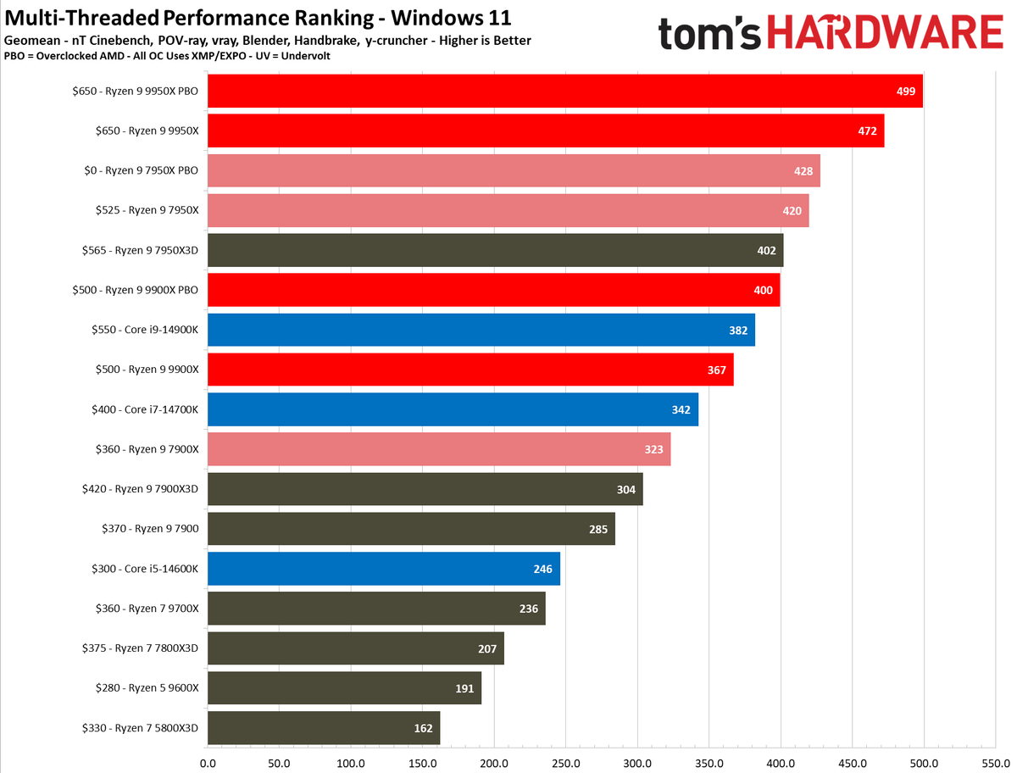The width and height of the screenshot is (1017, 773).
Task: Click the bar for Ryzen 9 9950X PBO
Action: coord(564,91)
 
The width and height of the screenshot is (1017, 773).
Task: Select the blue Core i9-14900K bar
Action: coord(481,330)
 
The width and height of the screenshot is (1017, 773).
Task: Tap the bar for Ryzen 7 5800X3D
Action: coord(323,728)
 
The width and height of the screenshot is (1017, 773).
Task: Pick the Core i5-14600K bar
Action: coord(383,569)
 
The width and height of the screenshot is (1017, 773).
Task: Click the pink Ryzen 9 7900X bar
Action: coord(438,449)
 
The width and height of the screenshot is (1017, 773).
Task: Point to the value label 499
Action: coord(905,91)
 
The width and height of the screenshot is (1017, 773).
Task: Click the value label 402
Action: coord(765,250)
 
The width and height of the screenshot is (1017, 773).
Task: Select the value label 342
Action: coord(681,409)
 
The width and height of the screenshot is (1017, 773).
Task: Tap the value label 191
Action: coord(464,688)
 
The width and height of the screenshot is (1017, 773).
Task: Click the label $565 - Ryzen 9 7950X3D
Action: coord(140,250)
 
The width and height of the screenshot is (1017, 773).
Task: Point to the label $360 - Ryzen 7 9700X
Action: coord(140,609)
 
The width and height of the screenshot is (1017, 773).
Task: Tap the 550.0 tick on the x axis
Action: coord(995,761)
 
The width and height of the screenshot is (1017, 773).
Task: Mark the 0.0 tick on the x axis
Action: coord(208,761)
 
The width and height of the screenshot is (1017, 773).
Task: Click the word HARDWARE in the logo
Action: coord(881,36)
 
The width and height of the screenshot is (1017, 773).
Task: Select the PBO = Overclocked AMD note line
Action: coord(167,55)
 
